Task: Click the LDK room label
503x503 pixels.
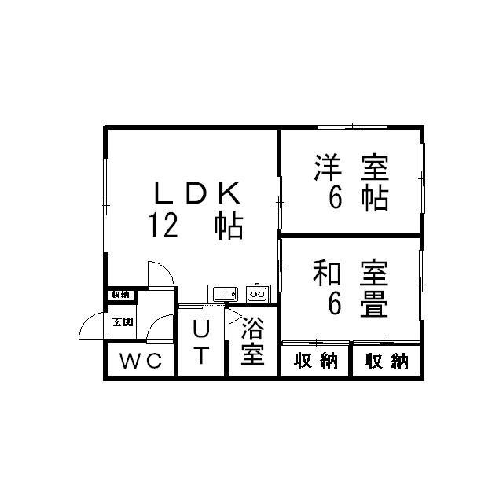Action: [x=197, y=193]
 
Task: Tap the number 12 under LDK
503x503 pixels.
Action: [x=163, y=226]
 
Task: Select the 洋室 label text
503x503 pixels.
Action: [x=351, y=167]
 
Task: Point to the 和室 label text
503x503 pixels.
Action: [x=351, y=273]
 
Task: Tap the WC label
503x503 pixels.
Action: [x=141, y=361]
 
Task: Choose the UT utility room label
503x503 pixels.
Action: [x=201, y=342]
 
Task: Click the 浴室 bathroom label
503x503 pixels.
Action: [x=253, y=341]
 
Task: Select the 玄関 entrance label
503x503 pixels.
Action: [x=123, y=321]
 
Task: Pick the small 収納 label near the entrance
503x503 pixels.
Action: [x=120, y=295]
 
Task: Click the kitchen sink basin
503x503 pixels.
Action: [x=226, y=294]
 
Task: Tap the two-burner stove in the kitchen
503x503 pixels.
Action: [x=257, y=294]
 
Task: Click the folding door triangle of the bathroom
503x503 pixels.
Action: [x=235, y=318]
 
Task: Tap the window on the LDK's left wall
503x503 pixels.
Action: [x=105, y=205]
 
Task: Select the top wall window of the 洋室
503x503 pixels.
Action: [x=352, y=127]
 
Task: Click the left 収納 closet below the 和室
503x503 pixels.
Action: [x=315, y=361]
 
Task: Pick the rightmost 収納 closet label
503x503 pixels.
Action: [x=386, y=362]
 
